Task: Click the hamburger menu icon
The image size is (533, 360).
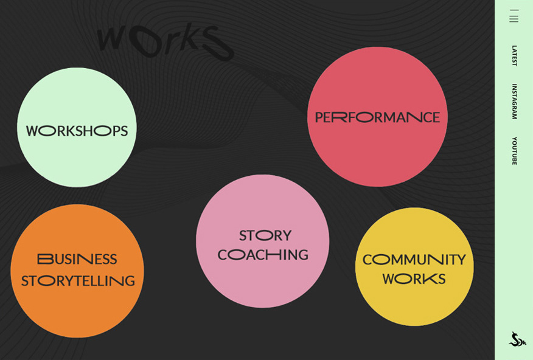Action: click(514, 16)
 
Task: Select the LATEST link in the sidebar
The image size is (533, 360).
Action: click(514, 55)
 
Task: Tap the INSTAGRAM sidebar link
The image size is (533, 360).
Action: click(514, 101)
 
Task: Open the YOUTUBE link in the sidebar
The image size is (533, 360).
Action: click(514, 151)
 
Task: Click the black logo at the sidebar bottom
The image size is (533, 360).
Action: click(517, 339)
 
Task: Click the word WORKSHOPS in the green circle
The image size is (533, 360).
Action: click(77, 131)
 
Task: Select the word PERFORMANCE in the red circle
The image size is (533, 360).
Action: click(377, 117)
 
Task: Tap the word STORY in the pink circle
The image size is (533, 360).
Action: click(265, 235)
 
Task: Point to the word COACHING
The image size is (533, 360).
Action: click(263, 255)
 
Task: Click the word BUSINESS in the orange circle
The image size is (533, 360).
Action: click(77, 259)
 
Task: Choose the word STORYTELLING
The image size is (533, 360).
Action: click(78, 281)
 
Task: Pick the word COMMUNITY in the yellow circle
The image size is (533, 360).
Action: click(414, 260)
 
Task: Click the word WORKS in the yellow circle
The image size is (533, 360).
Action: click(414, 279)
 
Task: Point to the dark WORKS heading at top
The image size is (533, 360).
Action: click(164, 41)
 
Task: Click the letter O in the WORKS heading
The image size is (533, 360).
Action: click(144, 43)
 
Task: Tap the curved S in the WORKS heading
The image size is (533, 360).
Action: click(216, 44)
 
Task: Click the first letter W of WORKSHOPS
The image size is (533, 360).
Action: click(33, 131)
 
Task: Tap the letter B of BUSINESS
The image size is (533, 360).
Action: click(45, 259)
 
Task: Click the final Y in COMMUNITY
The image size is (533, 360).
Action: click(460, 260)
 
